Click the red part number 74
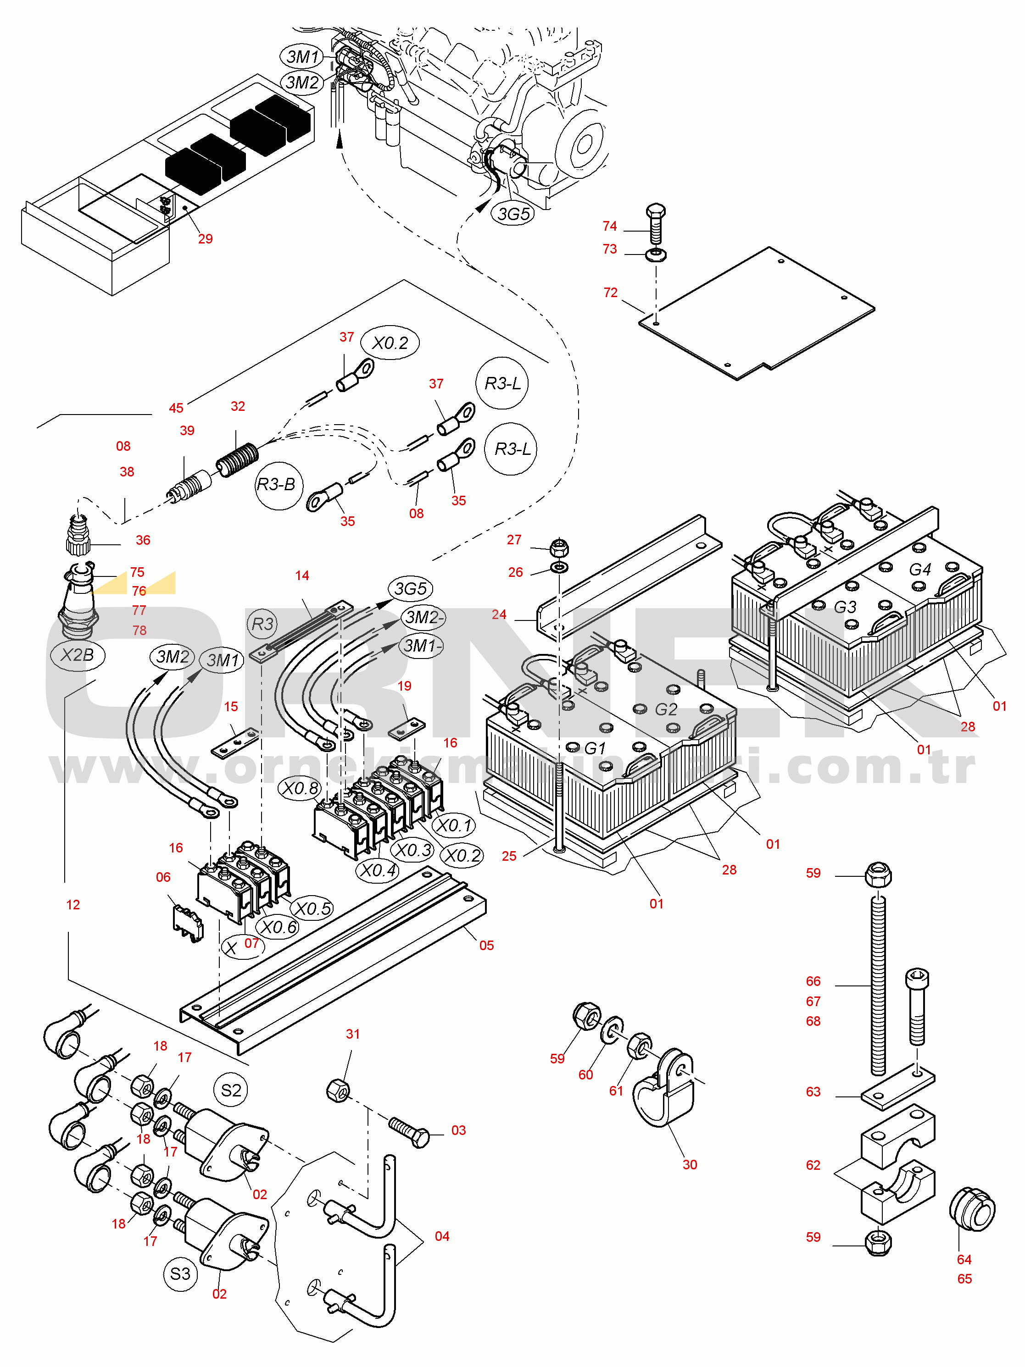point(610,226)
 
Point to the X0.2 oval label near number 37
point(390,343)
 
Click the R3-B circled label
point(276,485)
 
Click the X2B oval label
point(77,654)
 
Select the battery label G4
point(920,569)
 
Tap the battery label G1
point(595,748)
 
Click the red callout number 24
point(499,614)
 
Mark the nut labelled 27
point(559,547)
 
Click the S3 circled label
point(180,1274)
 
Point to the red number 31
point(352,1034)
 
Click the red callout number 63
point(813,1091)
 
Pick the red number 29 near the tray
point(205,238)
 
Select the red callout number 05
point(486,945)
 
